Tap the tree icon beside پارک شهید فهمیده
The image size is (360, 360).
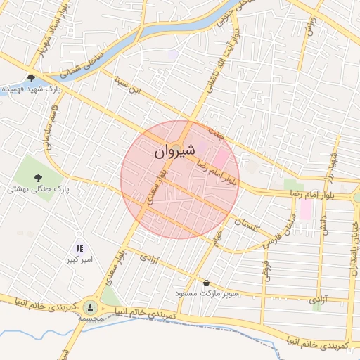[x=31, y=78]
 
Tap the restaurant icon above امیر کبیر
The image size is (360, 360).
[x=79, y=248]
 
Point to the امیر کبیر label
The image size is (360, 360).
[x=79, y=260]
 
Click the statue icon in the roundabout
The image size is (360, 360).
[x=90, y=307]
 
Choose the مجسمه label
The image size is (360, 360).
[x=91, y=319]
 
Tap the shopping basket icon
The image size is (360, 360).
[x=206, y=283]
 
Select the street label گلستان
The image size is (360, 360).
[x=249, y=225]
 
